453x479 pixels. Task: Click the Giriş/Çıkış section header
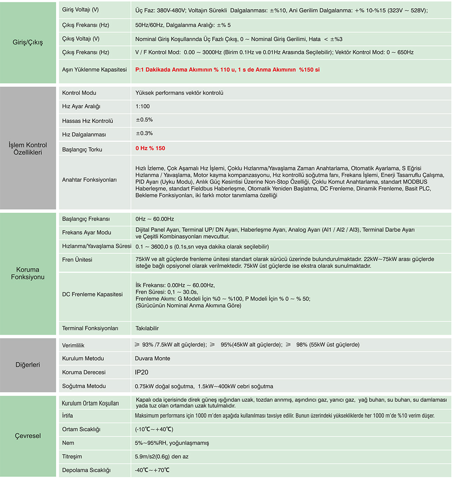(x=28, y=43)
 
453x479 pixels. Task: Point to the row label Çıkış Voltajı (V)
(x=81, y=39)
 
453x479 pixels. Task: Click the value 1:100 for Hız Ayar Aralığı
(x=143, y=107)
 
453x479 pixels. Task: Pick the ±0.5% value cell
(x=145, y=120)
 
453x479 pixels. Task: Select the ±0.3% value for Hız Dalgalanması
(x=145, y=133)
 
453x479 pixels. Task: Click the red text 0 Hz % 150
(x=150, y=148)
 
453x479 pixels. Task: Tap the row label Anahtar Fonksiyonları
(x=89, y=180)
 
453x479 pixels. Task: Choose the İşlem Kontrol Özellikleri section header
(x=28, y=149)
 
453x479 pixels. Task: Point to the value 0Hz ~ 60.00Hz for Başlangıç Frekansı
(x=154, y=219)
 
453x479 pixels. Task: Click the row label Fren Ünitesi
(x=77, y=260)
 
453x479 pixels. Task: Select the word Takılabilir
(x=147, y=328)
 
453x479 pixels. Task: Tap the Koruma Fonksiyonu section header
(x=28, y=273)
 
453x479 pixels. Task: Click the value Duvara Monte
(x=153, y=358)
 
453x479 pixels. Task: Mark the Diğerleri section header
(x=28, y=365)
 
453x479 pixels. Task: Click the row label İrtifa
(x=67, y=415)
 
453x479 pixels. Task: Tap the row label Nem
(x=68, y=443)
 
